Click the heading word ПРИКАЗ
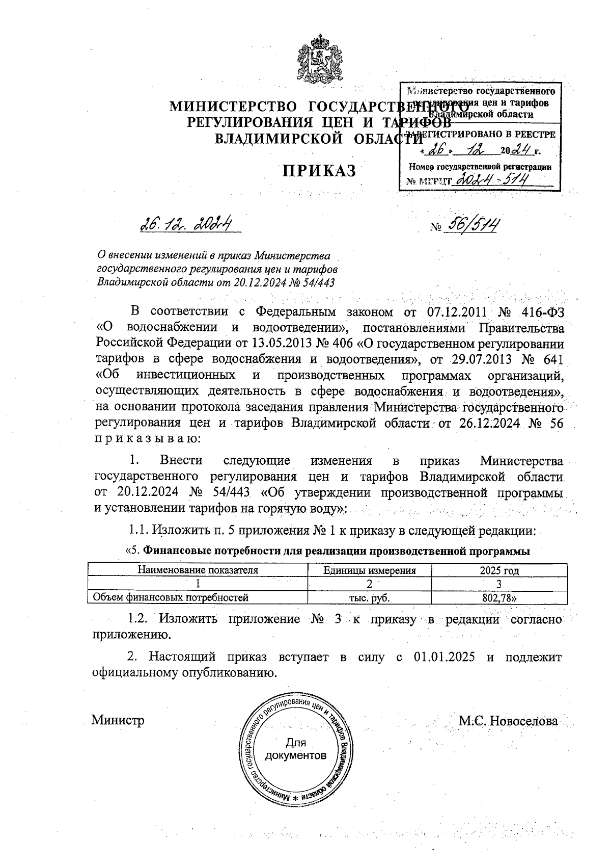pyautogui.click(x=320, y=171)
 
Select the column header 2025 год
pyautogui.click(x=499, y=570)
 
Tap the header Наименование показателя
pyautogui.click(x=198, y=570)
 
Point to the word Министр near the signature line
pyautogui.click(x=118, y=720)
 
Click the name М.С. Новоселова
pyautogui.click(x=508, y=721)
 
